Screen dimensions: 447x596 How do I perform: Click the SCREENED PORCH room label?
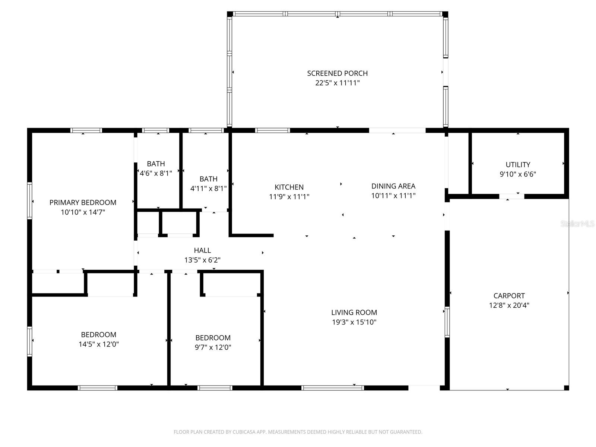tap(337, 73)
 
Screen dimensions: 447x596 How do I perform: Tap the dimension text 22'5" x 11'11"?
tap(337, 83)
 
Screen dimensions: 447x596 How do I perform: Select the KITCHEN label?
tap(289, 187)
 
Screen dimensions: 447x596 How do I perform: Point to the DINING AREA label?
tap(393, 186)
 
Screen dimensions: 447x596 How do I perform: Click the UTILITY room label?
tap(518, 164)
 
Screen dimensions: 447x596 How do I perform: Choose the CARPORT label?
tap(509, 296)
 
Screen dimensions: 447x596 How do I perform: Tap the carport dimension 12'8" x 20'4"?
tap(509, 305)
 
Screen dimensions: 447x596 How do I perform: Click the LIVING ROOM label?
tap(354, 313)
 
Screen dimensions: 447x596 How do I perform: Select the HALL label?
tap(202, 250)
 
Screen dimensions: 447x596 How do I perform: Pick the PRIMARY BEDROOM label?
tap(83, 202)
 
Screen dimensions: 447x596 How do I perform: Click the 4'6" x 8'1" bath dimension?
tap(156, 173)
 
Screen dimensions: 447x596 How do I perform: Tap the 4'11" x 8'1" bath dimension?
tap(208, 188)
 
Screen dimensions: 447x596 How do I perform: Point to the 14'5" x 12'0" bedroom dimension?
tap(98, 344)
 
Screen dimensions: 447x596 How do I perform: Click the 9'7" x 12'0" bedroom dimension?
tap(213, 347)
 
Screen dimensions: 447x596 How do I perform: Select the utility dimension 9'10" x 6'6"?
tap(518, 174)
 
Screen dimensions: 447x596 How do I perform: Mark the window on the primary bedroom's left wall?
tap(29, 200)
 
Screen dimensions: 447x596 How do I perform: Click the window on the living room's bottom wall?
tap(332, 388)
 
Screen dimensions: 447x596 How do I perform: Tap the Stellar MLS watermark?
tap(577, 224)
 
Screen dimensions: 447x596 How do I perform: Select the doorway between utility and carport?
tap(511, 196)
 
